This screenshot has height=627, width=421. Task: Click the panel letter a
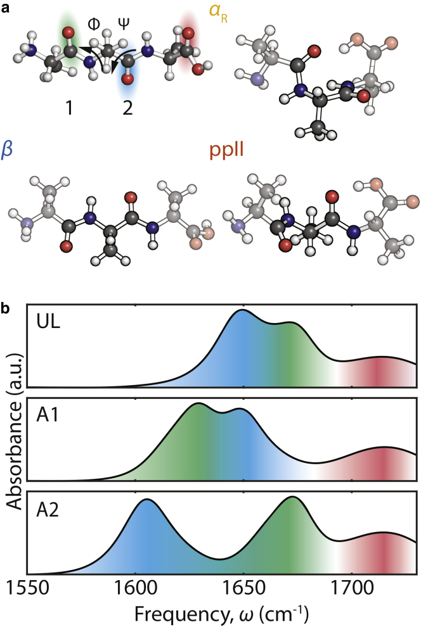coord(6,8)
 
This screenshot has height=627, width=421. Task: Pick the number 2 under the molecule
coord(127,108)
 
